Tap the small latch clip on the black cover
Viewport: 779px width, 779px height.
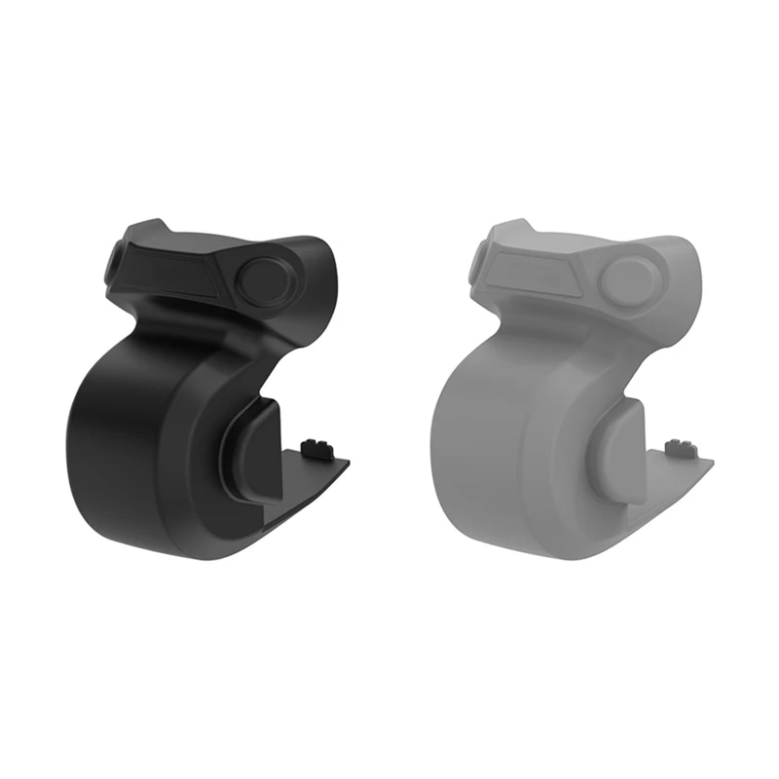(x=315, y=448)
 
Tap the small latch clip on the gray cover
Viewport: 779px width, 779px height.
(x=679, y=448)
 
